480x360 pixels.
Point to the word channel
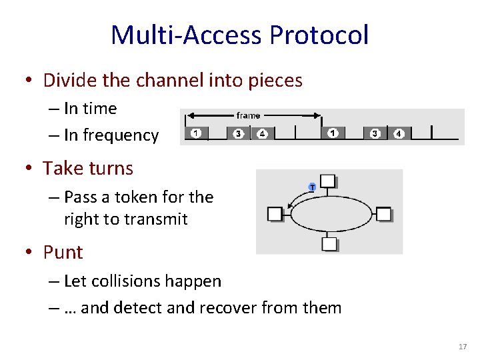164,81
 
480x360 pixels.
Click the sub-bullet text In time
90,109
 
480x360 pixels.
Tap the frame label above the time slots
248,115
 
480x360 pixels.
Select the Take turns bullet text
88,168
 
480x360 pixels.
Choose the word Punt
63,252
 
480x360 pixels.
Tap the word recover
228,307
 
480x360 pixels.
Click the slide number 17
463,347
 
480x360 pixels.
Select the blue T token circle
312,187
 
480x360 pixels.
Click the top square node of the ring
327,181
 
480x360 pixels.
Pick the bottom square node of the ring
329,243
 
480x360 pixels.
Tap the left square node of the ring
275,213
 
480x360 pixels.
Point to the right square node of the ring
383,213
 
